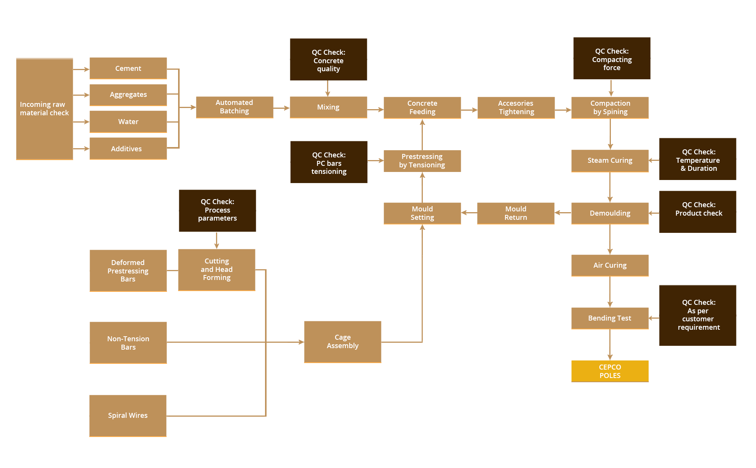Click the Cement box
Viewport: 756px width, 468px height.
click(x=128, y=68)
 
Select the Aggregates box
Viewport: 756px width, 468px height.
click(x=128, y=95)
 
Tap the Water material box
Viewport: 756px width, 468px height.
click(x=128, y=121)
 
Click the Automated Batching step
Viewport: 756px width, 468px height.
click(x=234, y=107)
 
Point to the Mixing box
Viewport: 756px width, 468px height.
click(x=328, y=107)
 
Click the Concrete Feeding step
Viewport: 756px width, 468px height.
click(x=422, y=108)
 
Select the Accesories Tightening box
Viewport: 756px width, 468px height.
click(x=516, y=108)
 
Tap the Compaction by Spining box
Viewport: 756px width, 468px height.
click(x=610, y=108)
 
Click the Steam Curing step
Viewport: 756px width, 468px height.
click(x=610, y=160)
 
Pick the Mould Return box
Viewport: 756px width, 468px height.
click(x=515, y=213)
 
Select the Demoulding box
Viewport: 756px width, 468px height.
click(x=610, y=213)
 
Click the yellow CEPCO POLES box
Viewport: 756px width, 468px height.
click(x=610, y=371)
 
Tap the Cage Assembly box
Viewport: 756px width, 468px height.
click(x=342, y=342)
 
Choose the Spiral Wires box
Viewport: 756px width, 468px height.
click(x=128, y=416)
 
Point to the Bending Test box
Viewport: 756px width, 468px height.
click(x=610, y=318)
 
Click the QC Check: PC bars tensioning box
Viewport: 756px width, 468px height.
click(x=329, y=162)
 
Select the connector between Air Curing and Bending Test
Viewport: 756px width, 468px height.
click(x=610, y=292)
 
